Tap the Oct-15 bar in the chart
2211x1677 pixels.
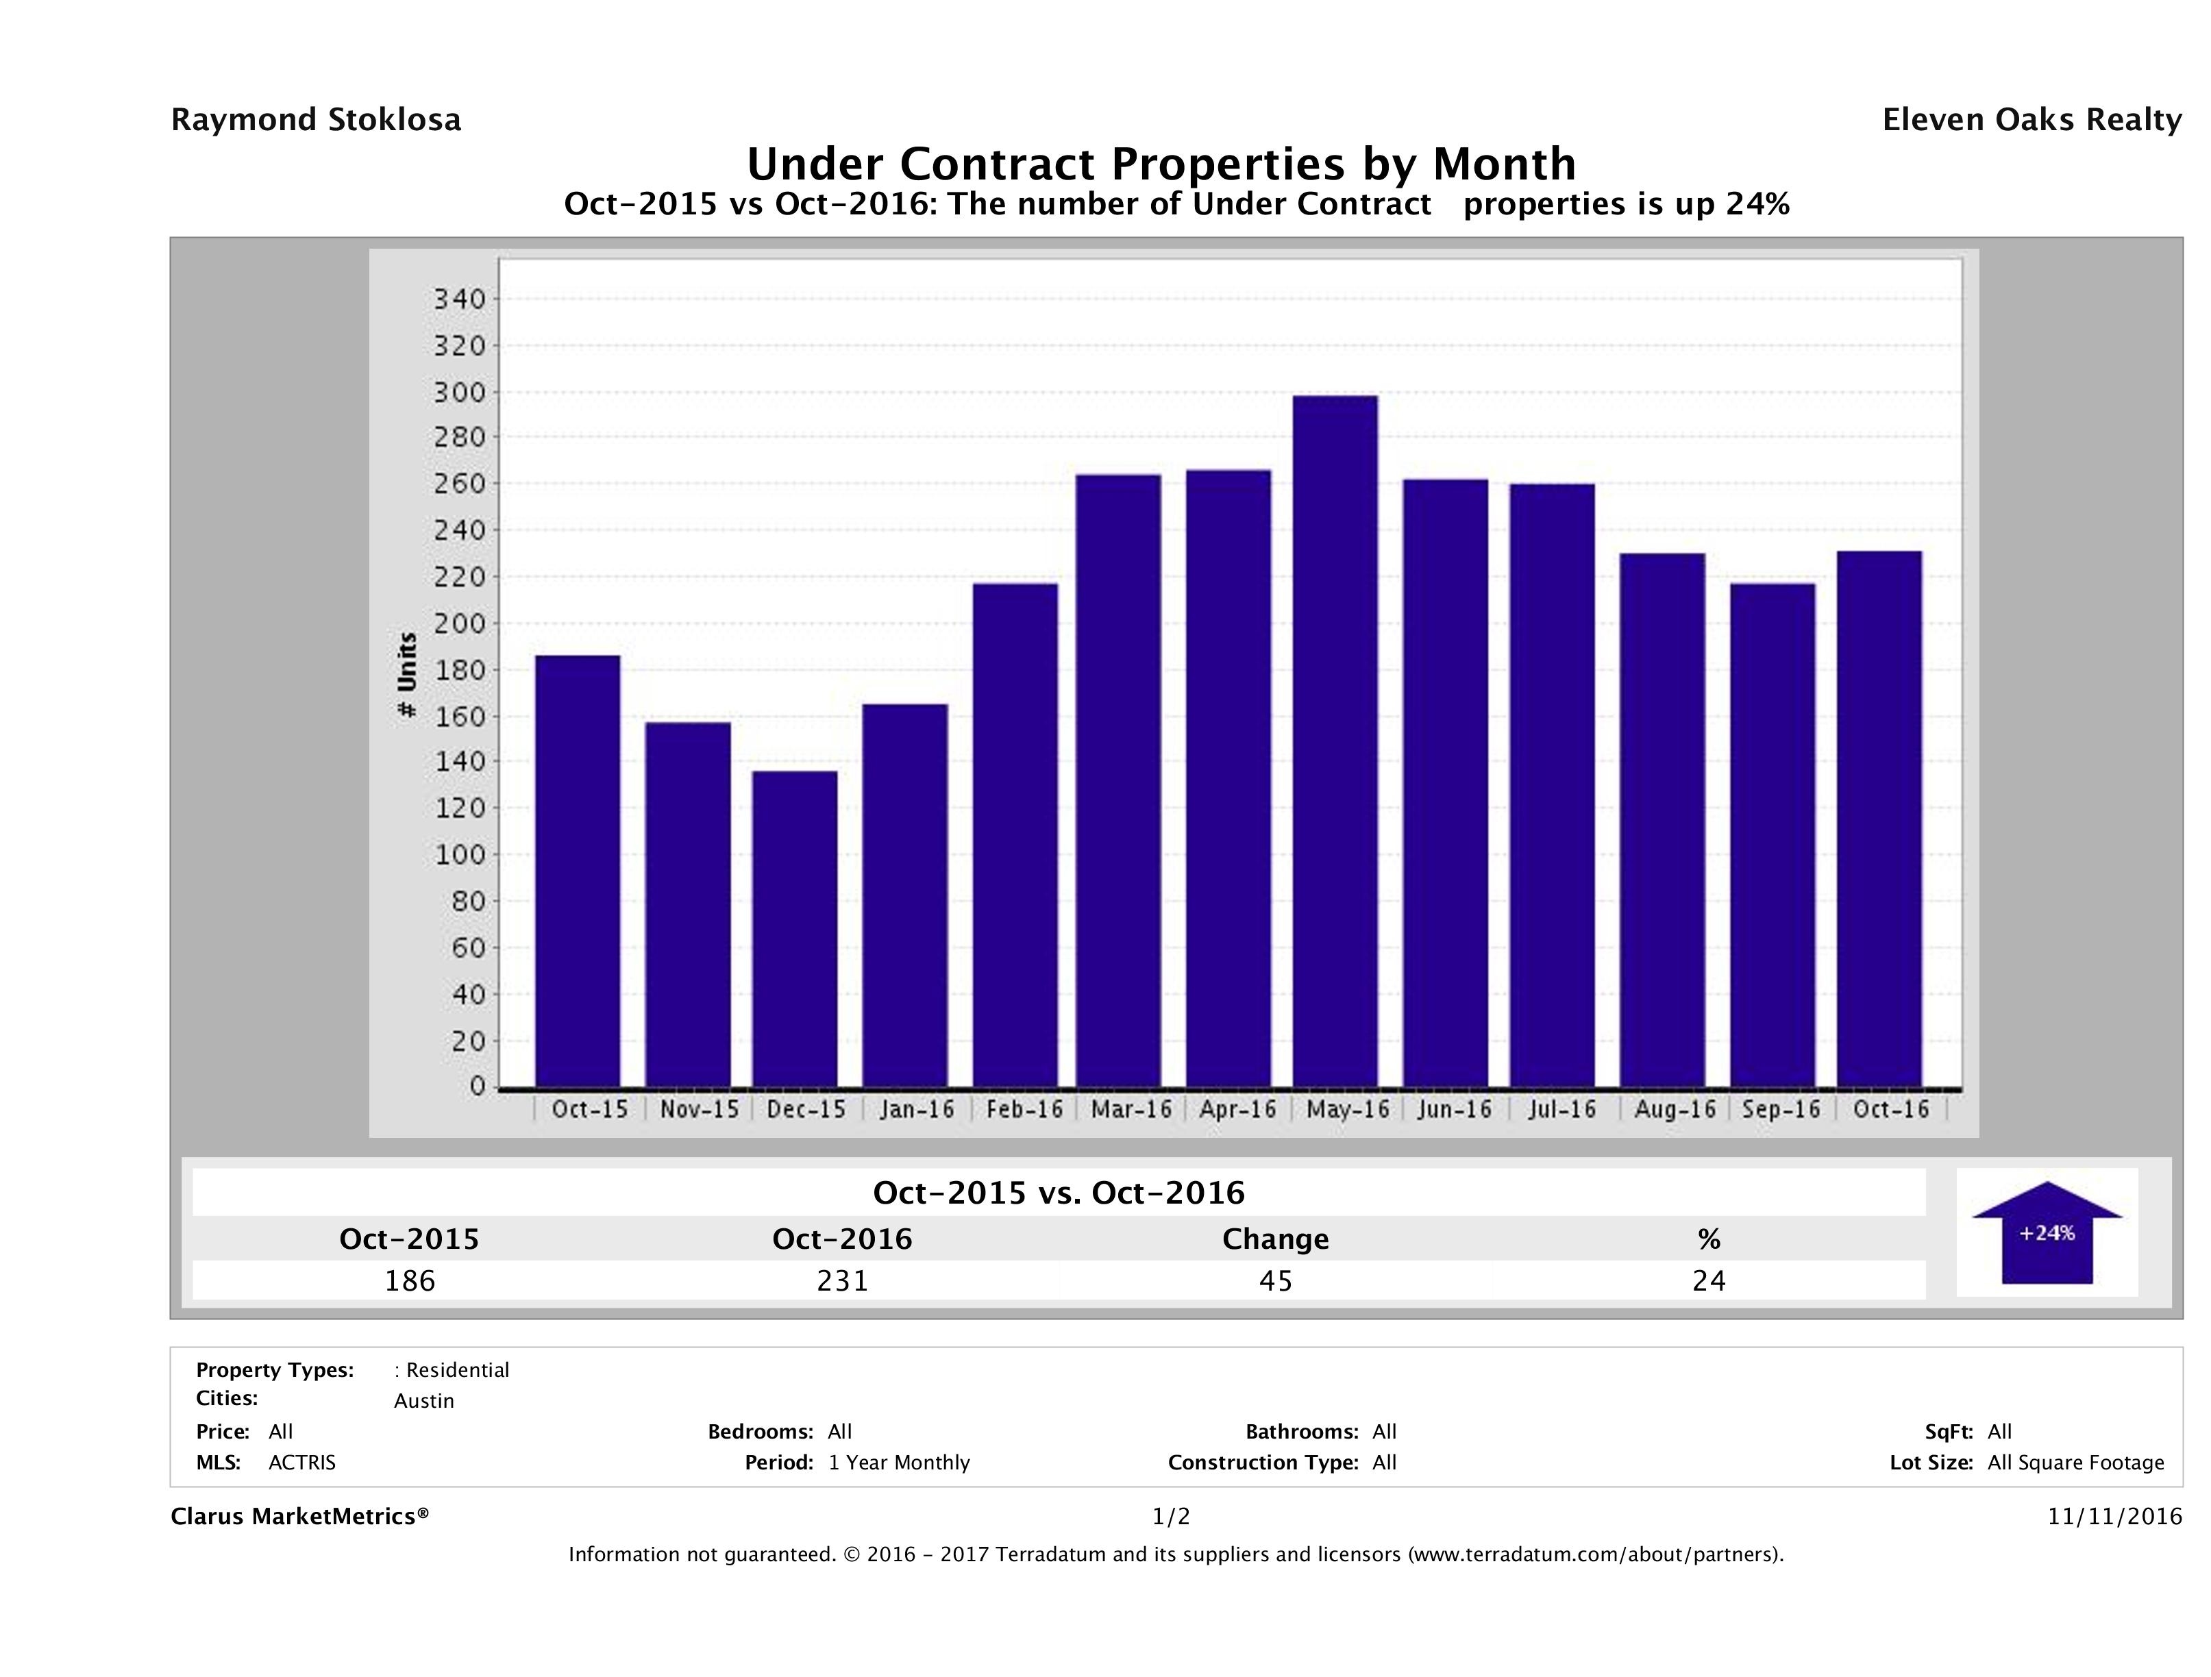point(578,871)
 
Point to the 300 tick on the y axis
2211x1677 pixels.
point(459,392)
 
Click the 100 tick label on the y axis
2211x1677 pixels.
point(459,854)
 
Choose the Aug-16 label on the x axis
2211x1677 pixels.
point(1675,1109)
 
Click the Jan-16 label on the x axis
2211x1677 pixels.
point(917,1109)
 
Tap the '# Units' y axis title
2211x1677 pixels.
point(407,675)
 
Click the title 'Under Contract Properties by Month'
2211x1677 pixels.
point(1161,164)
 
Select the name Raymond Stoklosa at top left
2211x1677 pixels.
point(316,120)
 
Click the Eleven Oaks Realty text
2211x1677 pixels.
point(2031,120)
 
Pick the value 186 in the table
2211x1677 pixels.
point(410,1280)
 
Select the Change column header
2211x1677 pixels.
point(1276,1239)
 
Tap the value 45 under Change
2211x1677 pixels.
point(1276,1280)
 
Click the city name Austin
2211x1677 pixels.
point(424,1401)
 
